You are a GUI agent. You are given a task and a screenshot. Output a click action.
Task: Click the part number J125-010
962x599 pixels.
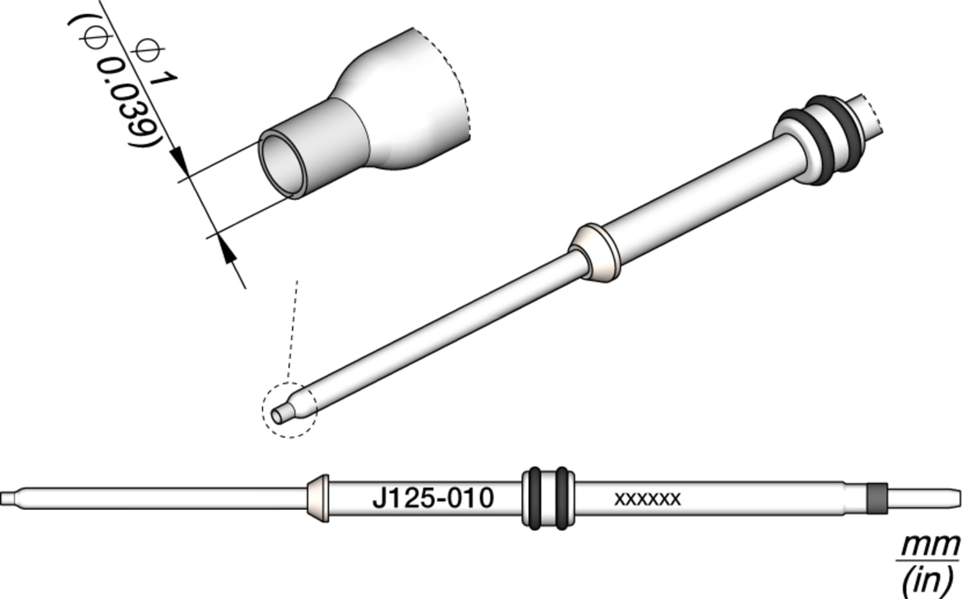[433, 498]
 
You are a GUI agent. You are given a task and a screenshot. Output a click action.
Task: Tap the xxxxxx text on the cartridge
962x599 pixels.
[647, 499]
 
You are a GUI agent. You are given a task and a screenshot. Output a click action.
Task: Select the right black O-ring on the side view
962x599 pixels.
[562, 498]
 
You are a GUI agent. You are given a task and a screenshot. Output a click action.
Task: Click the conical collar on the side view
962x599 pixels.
[318, 498]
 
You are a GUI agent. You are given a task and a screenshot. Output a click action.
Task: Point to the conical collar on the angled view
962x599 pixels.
[594, 253]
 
